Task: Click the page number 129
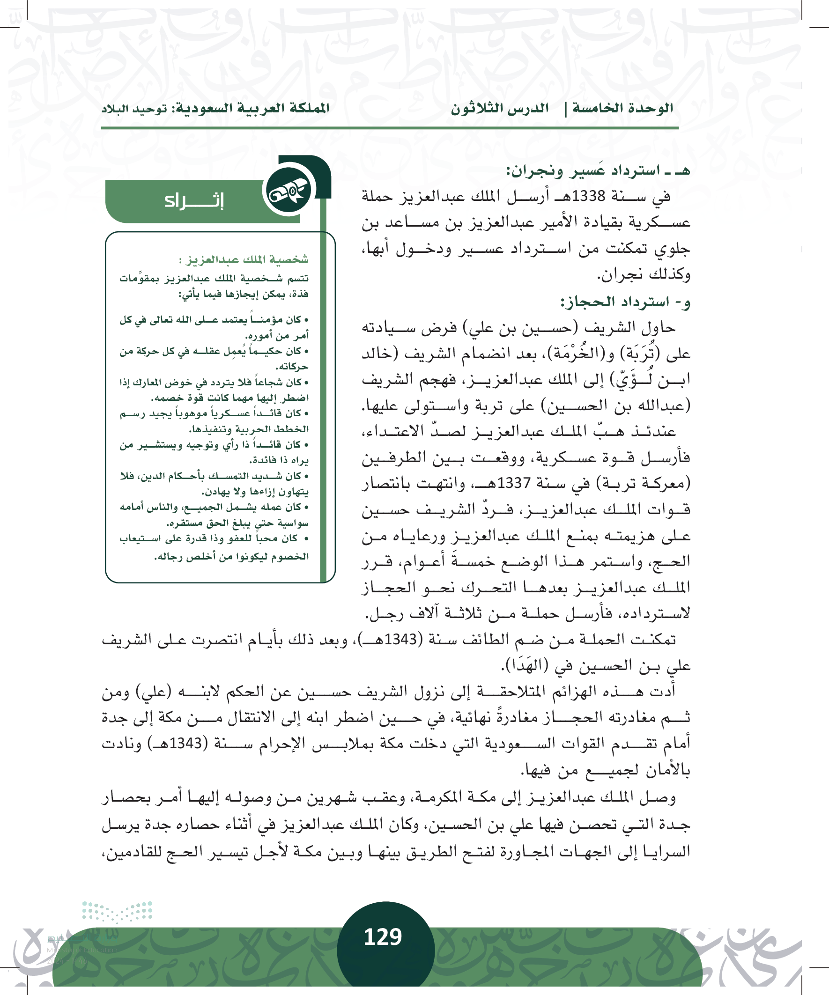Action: tap(383, 937)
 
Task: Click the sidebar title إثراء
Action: tap(194, 201)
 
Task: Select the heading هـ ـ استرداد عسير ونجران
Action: tap(598, 170)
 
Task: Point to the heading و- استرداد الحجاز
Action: tap(625, 302)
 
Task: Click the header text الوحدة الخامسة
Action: tap(622, 108)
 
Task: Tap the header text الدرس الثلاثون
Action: tap(500, 109)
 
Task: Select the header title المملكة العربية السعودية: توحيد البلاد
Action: tap(215, 109)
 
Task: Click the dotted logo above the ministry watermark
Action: tap(117, 912)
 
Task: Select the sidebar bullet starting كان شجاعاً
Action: tap(214, 390)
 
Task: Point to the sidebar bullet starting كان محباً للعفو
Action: tap(214, 547)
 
